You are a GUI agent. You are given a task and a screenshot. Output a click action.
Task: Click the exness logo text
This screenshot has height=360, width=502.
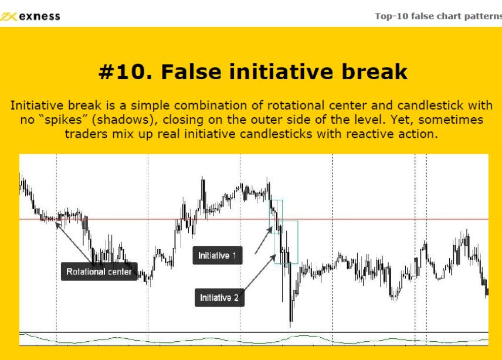point(39,16)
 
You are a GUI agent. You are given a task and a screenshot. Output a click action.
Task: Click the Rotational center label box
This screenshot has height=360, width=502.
point(99,271)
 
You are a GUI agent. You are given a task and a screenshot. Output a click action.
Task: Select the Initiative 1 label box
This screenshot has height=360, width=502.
point(218,256)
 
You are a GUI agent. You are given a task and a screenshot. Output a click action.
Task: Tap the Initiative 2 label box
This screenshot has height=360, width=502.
point(219,298)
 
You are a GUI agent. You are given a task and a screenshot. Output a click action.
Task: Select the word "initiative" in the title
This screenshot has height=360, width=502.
point(281,71)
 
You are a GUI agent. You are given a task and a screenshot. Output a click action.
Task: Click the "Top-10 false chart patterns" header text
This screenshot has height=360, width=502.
point(438,16)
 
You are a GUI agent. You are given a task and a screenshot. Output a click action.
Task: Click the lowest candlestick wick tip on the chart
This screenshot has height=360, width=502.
point(290,327)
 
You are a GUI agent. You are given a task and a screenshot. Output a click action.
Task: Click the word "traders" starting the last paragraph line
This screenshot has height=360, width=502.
point(86,134)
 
